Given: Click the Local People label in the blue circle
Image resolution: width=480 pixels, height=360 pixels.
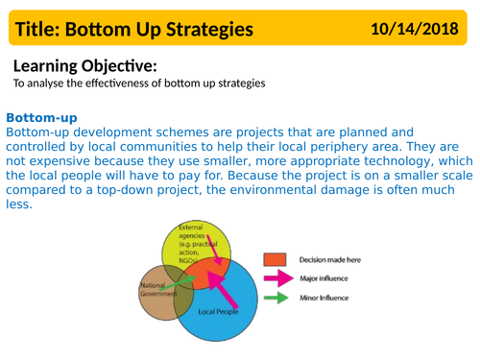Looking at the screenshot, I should coord(218,312).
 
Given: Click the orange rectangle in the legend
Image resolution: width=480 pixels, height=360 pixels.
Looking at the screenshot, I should coord(276,259).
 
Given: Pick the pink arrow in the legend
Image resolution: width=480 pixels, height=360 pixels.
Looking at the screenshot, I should coord(276,278).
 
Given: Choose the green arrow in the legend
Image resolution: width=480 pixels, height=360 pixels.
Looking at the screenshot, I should coord(276,299).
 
